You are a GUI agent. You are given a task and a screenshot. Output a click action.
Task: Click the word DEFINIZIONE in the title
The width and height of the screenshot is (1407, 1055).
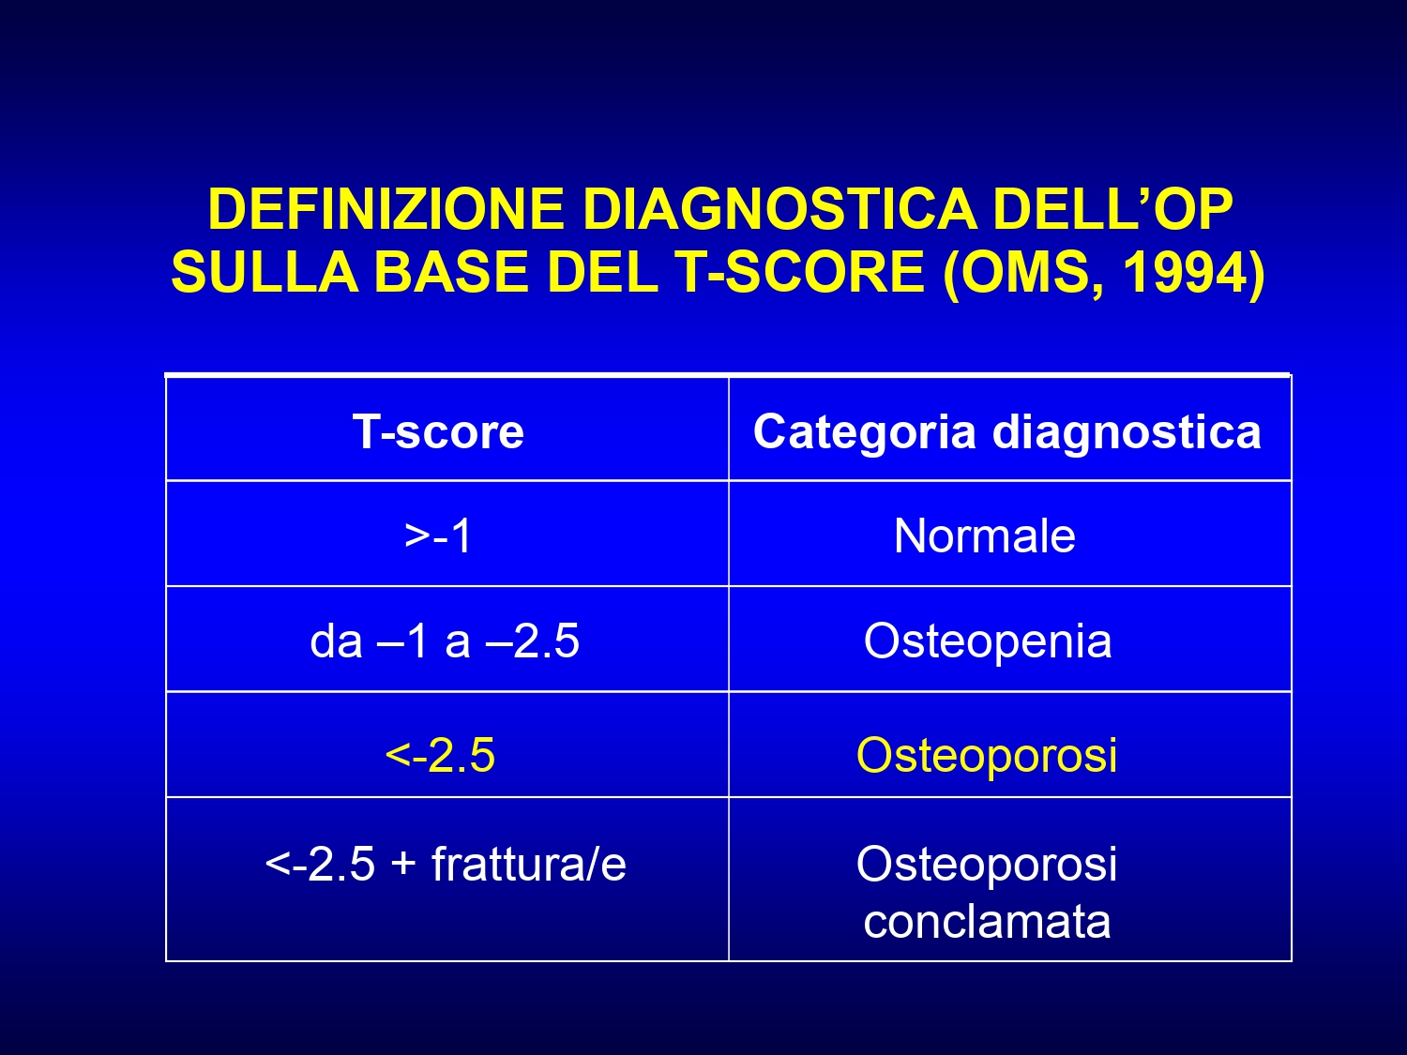tap(386, 209)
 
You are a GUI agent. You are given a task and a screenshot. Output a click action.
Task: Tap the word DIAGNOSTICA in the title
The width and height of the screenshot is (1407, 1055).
tap(779, 209)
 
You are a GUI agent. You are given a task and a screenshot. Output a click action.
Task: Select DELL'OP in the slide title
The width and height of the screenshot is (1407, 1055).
tap(1112, 209)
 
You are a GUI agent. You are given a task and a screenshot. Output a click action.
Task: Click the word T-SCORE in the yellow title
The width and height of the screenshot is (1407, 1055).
tap(800, 272)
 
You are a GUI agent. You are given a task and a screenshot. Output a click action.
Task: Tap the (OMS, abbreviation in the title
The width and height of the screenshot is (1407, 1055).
tap(1024, 274)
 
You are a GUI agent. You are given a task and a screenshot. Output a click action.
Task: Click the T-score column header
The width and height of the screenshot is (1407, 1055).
tap(438, 431)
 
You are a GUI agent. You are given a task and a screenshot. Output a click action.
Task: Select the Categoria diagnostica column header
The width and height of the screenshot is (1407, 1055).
tap(1007, 432)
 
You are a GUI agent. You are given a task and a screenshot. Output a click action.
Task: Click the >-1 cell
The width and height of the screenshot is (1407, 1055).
tap(438, 535)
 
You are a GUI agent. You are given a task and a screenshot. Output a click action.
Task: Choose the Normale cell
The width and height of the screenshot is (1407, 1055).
tap(985, 535)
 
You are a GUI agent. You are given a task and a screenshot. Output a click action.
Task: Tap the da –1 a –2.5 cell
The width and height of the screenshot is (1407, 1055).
tap(445, 641)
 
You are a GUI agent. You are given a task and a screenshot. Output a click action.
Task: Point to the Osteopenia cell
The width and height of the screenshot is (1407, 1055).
tap(988, 641)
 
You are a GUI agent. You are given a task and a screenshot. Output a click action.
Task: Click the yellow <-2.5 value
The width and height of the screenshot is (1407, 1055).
tap(440, 755)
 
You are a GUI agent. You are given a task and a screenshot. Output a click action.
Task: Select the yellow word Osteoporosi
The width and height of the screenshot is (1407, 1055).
tap(987, 755)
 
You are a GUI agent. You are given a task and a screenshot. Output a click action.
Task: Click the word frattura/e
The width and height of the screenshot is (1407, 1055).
tap(529, 864)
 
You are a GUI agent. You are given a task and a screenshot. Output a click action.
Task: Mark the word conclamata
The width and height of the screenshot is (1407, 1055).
tap(987, 921)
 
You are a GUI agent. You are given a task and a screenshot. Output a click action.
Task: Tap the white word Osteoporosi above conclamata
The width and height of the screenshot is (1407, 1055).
tap(987, 864)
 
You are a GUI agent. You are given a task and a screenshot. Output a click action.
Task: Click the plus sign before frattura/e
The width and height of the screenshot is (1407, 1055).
tap(404, 865)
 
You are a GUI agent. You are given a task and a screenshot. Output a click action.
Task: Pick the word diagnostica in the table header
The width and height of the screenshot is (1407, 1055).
tap(1127, 432)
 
